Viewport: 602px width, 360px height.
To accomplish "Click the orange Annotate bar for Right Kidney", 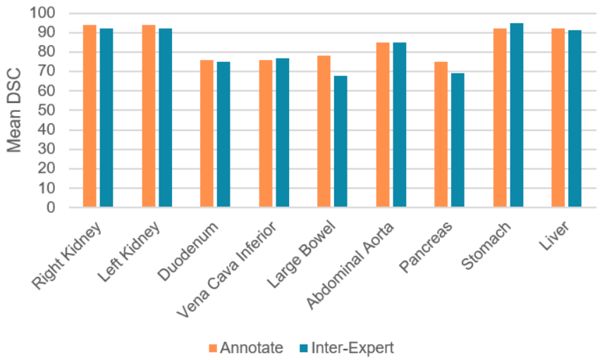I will coord(90,116).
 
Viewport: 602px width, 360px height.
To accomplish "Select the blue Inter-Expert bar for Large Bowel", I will coord(340,141).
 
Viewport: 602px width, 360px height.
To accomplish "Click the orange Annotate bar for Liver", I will coord(558,118).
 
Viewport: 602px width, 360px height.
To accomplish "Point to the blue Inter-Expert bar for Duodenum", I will coord(223,134).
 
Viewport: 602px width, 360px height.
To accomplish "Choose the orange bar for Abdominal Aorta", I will coord(382,125).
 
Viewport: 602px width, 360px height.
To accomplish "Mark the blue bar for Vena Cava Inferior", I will coord(282,132).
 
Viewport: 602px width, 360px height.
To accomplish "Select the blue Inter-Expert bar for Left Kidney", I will coord(165,118).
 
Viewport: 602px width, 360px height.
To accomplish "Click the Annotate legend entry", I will coord(245,347).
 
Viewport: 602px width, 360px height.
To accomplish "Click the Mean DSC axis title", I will coord(15,109).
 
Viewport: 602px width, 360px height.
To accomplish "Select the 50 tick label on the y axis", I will coord(47,110).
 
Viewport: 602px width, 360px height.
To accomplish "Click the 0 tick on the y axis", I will coord(50,208).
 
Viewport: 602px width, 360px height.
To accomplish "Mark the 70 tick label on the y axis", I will coord(47,71).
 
